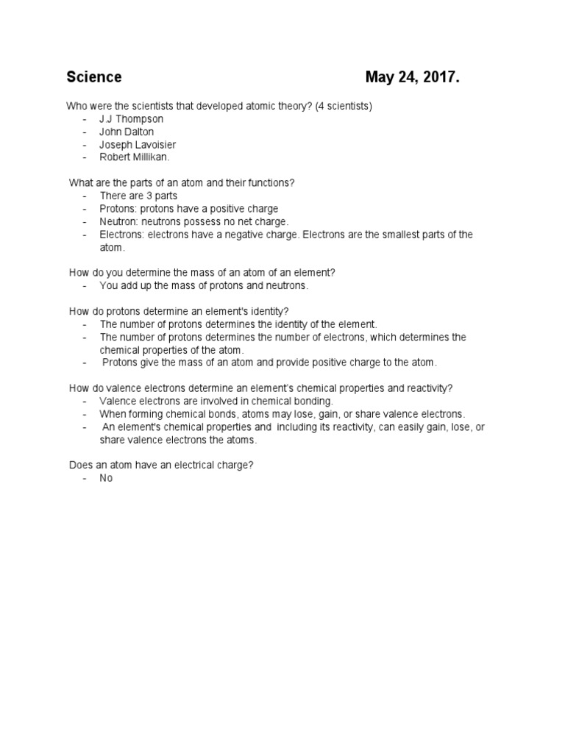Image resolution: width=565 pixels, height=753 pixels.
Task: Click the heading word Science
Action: [x=94, y=77]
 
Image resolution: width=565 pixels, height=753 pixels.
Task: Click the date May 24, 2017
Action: [x=412, y=77]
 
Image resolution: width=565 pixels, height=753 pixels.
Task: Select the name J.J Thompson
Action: [x=132, y=118]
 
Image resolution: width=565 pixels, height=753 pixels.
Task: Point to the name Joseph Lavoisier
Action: [x=138, y=144]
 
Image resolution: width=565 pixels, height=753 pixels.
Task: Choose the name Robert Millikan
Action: [x=135, y=157]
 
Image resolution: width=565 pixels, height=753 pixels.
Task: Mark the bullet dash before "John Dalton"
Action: [x=85, y=132]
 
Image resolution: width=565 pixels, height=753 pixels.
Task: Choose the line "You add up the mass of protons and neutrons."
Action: [x=205, y=285]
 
